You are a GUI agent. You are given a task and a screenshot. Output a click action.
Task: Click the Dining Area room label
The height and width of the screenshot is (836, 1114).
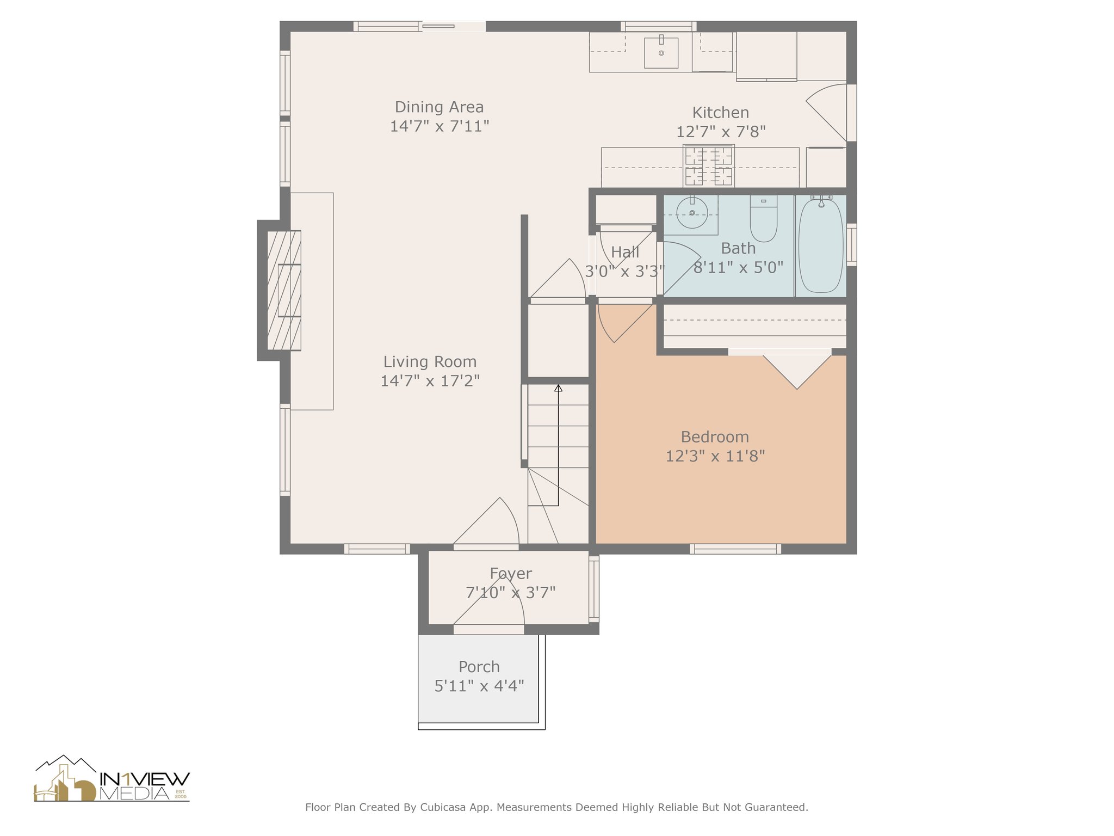click(439, 107)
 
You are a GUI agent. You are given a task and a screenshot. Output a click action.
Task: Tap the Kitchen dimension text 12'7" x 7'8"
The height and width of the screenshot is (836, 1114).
click(721, 132)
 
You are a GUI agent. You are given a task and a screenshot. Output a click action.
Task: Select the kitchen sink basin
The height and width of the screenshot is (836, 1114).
click(661, 52)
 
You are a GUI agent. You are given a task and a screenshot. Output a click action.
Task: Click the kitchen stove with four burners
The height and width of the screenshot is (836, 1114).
click(709, 165)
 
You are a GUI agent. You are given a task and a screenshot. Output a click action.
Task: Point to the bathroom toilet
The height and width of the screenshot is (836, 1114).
click(764, 218)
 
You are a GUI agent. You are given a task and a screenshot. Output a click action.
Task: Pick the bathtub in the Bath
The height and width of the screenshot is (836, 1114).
click(821, 245)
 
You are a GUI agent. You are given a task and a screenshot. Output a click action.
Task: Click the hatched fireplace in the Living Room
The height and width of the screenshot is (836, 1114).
click(284, 290)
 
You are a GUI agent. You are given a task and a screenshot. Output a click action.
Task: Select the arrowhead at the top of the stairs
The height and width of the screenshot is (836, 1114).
click(558, 388)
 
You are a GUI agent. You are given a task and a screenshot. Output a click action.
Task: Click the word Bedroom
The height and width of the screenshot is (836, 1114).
click(715, 437)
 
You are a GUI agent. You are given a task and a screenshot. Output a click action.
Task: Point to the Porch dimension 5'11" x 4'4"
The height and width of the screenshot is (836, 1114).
click(479, 686)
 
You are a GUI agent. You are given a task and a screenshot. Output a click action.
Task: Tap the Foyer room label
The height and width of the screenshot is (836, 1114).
click(511, 573)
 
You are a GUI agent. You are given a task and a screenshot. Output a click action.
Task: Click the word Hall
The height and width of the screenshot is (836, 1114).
click(625, 252)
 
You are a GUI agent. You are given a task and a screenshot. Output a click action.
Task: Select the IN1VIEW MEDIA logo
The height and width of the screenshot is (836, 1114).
click(112, 778)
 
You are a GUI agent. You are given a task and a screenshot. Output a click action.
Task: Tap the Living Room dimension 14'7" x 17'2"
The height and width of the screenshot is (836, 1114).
click(430, 380)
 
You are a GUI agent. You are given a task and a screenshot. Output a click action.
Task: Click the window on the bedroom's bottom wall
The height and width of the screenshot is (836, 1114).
click(735, 549)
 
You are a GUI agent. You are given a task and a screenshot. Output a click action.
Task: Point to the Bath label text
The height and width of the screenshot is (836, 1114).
click(738, 248)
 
